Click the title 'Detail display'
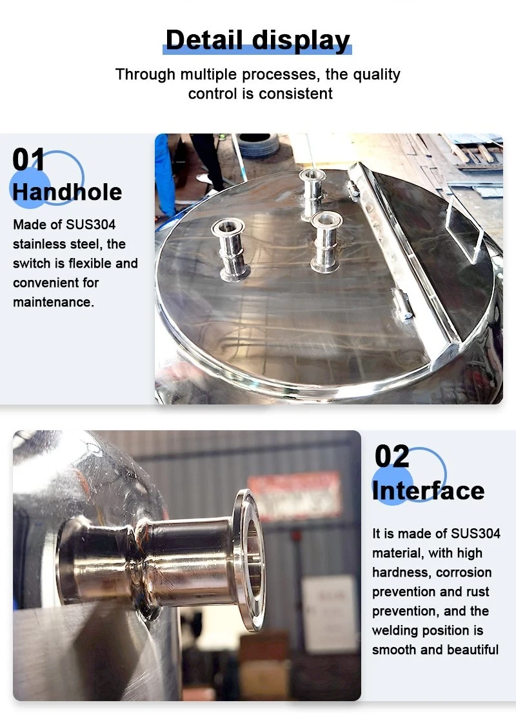tap(257, 40)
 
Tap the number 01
tap(29, 160)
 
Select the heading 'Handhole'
tap(67, 192)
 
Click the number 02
tap(392, 457)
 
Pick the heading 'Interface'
tap(428, 490)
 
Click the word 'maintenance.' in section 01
tap(54, 302)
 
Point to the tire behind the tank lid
tap(258, 145)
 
